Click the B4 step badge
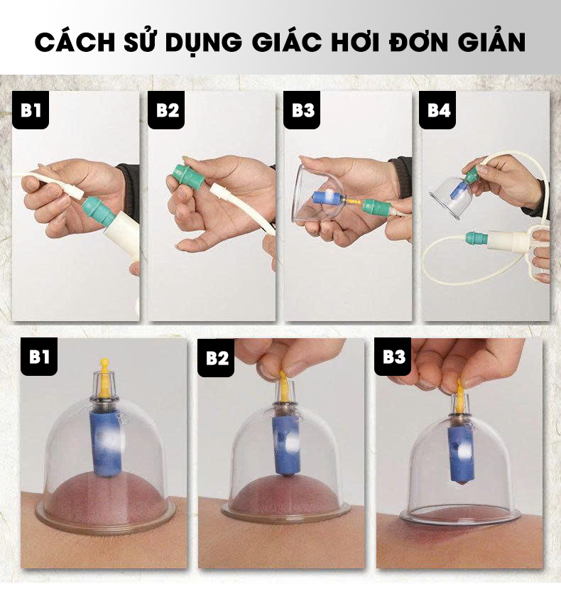(437, 110)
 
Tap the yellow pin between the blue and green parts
(352, 202)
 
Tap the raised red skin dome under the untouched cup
(105, 496)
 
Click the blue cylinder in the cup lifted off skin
(460, 453)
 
